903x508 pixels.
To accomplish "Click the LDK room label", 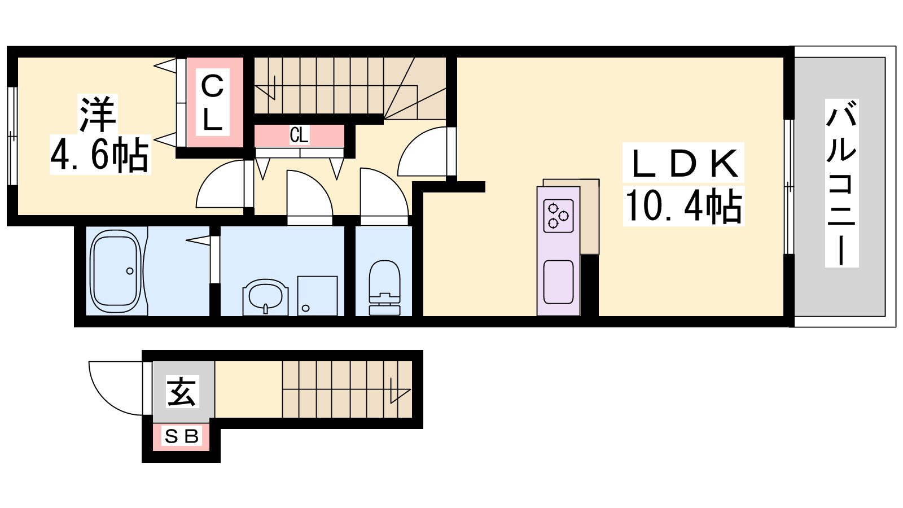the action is (x=683, y=163).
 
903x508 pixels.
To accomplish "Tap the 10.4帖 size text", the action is (x=683, y=206).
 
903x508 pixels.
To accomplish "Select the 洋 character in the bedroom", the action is (x=98, y=114).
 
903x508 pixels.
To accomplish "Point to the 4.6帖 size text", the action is (x=99, y=155).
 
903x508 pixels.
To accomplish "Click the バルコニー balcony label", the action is (x=841, y=183).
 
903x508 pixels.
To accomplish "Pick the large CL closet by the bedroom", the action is (x=212, y=103).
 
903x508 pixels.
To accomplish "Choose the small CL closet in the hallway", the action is (x=299, y=135).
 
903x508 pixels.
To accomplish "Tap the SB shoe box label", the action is (x=181, y=436).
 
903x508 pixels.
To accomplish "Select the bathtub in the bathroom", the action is (x=116, y=271).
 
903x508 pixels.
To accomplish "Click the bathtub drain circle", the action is (x=130, y=271).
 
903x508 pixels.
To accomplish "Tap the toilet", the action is (x=384, y=288).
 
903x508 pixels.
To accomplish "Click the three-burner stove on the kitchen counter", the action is (x=558, y=216).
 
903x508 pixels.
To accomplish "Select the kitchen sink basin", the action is (x=558, y=282).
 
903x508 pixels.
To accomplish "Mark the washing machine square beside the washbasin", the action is (x=317, y=296).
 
